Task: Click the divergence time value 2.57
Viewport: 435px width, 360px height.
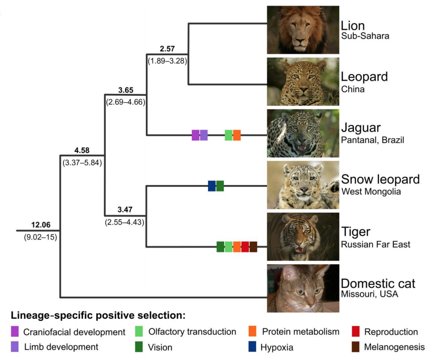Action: pyautogui.click(x=167, y=49)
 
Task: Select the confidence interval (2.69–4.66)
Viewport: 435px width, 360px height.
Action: pyautogui.click(x=125, y=102)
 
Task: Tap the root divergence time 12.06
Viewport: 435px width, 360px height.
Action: pyautogui.click(x=41, y=225)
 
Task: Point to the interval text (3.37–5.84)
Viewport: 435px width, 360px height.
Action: pyautogui.click(x=82, y=162)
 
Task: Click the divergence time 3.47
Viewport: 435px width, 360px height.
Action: pyautogui.click(x=125, y=210)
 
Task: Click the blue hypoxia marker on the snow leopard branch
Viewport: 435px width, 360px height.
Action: pyautogui.click(x=211, y=186)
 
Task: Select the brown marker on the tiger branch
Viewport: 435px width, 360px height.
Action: pyautogui.click(x=253, y=247)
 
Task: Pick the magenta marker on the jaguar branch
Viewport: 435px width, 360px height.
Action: pyautogui.click(x=195, y=135)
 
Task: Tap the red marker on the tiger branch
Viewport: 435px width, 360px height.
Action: pyautogui.click(x=245, y=247)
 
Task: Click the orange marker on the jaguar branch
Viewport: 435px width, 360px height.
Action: pyautogui.click(x=237, y=135)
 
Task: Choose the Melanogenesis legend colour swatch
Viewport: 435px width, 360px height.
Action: pyautogui.click(x=355, y=346)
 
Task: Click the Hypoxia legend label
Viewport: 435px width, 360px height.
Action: pyautogui.click(x=277, y=347)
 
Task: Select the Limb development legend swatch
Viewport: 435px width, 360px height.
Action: pyautogui.click(x=15, y=346)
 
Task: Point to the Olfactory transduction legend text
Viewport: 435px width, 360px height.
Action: pyautogui.click(x=192, y=332)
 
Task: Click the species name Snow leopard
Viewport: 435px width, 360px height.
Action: pyautogui.click(x=380, y=179)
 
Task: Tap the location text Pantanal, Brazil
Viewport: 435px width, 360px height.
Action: pyautogui.click(x=372, y=140)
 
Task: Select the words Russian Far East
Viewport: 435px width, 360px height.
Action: pyautogui.click(x=375, y=244)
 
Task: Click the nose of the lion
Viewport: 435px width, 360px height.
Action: pyautogui.click(x=300, y=41)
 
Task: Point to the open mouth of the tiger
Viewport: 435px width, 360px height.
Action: pyautogui.click(x=299, y=250)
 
